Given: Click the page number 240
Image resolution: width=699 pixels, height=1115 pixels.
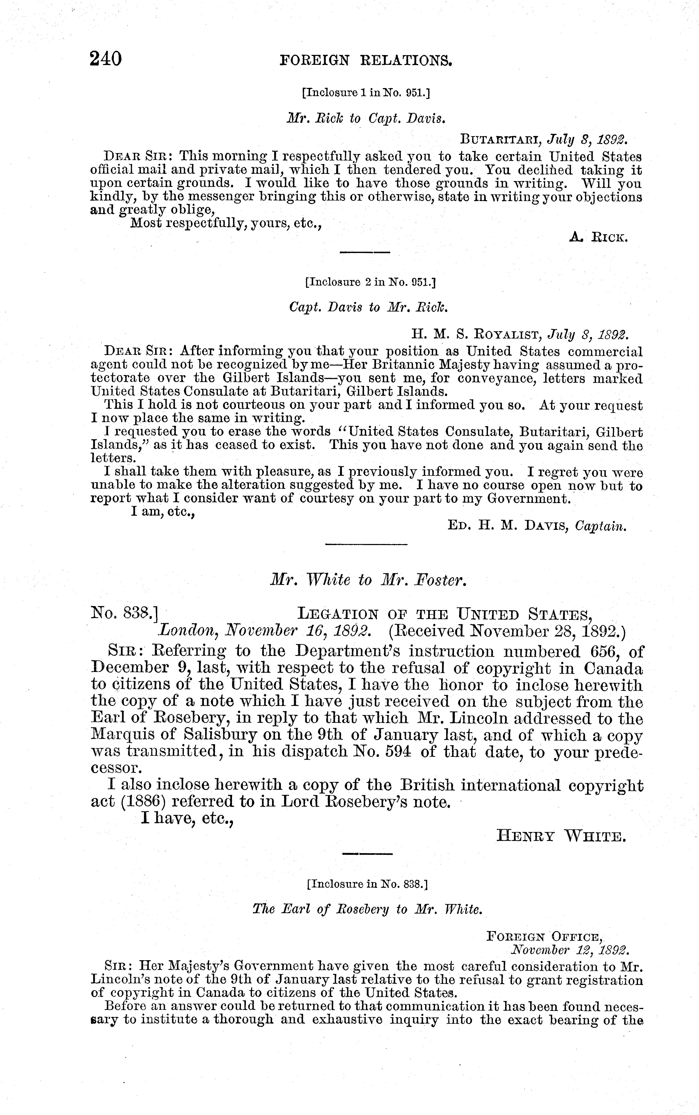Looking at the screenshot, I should [106, 59].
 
